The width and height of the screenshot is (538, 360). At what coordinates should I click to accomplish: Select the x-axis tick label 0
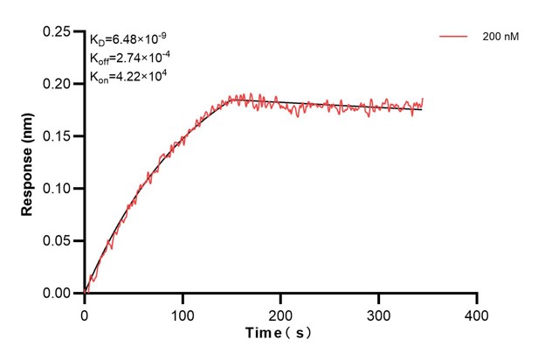pos(85,313)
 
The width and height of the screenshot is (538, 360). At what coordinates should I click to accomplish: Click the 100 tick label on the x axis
pos(183,313)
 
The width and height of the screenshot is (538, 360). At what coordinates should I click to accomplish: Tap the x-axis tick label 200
pos(280,313)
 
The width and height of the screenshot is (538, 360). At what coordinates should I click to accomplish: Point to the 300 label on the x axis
pos(378,313)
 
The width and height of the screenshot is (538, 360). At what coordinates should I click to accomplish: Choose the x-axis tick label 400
pos(476,313)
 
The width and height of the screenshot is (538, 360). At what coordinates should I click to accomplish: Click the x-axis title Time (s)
pos(279,333)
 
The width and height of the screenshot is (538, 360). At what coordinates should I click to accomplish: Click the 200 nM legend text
pos(500,38)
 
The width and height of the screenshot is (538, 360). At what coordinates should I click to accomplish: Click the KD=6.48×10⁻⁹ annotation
pos(128,38)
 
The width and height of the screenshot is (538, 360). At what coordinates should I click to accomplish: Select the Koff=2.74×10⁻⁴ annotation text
pos(129,58)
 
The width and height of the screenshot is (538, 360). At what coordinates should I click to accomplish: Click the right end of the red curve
pos(423,100)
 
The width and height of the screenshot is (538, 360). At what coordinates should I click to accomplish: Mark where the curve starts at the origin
pos(85,293)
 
